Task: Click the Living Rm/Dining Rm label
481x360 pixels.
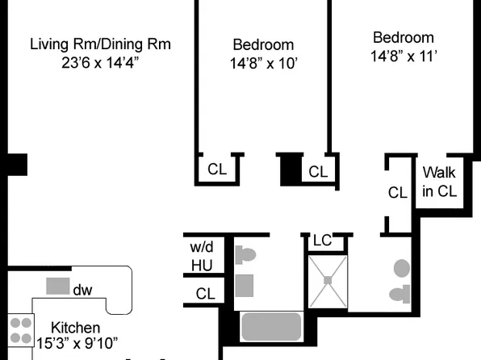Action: (101, 44)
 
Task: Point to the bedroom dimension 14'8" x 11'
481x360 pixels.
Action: (403, 57)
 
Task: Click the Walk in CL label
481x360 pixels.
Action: (439, 182)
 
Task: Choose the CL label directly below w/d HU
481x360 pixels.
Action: (206, 295)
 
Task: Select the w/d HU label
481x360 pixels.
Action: (201, 255)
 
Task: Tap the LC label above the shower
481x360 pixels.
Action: (322, 241)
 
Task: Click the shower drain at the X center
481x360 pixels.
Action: (328, 281)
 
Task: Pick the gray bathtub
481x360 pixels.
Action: (271, 327)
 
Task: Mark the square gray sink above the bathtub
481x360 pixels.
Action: (245, 285)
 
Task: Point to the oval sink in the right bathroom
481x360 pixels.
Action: (402, 269)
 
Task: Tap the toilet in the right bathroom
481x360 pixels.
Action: (398, 294)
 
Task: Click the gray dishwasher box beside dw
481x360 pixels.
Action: (57, 286)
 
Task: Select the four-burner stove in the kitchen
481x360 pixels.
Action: (20, 331)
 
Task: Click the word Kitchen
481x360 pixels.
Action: (76, 328)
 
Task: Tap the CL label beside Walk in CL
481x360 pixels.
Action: (397, 193)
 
